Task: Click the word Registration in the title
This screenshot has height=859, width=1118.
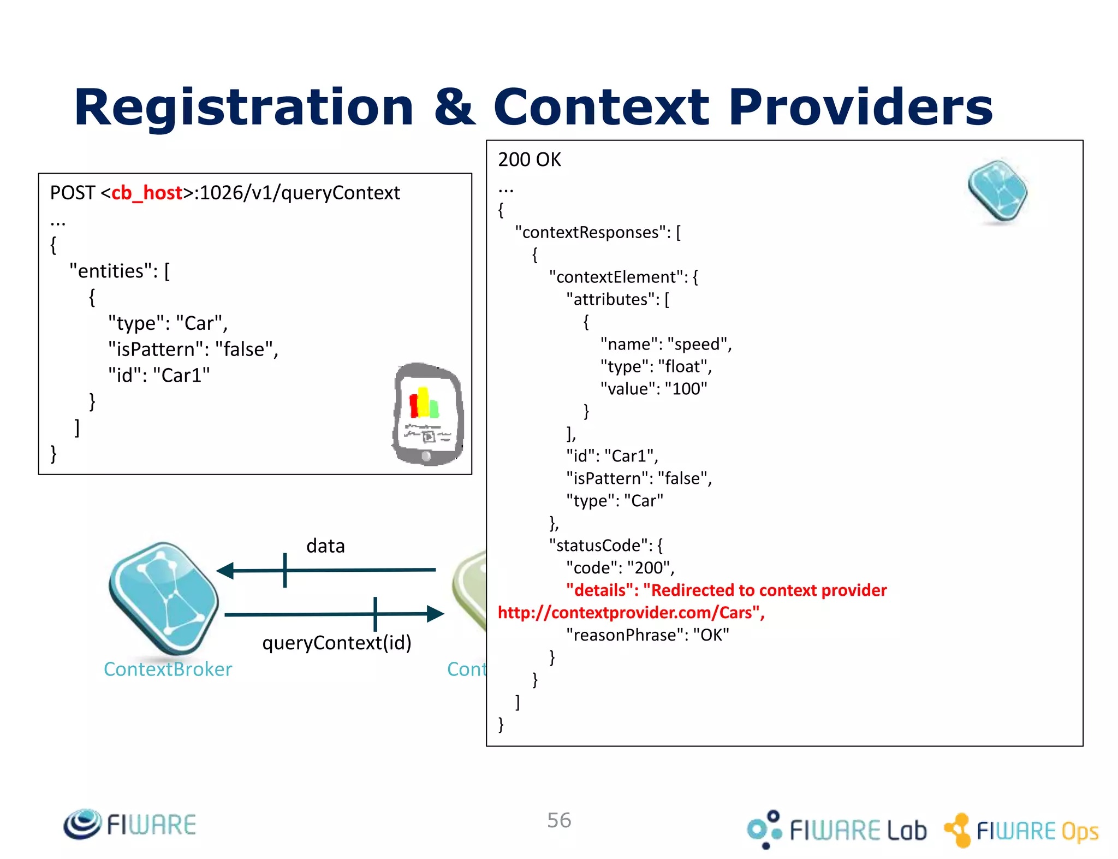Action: point(243,107)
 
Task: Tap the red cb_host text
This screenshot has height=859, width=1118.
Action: point(146,193)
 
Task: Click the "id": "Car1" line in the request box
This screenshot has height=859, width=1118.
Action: point(159,375)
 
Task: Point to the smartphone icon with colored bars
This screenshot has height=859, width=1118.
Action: point(427,414)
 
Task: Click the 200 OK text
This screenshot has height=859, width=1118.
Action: point(529,159)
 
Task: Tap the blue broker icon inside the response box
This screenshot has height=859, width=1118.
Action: point(997,191)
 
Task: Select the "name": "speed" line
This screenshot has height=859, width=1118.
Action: point(665,344)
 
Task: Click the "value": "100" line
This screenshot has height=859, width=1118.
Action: point(653,389)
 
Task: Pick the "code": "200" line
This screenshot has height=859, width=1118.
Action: point(620,568)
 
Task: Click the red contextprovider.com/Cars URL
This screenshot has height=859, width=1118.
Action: point(631,613)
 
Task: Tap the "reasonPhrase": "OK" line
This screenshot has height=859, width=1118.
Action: point(647,635)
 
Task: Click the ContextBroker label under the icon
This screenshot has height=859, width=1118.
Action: point(168,669)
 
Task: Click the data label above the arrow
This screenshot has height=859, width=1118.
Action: point(325,546)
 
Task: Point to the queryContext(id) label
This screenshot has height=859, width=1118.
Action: point(337,643)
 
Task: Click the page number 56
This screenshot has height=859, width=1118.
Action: point(559,820)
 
